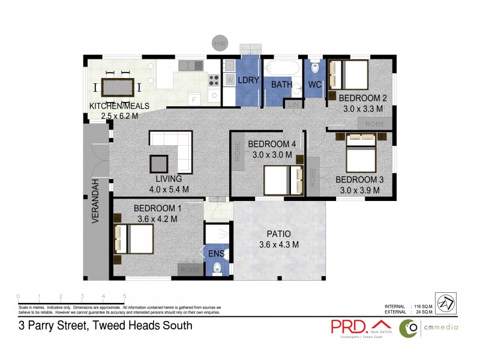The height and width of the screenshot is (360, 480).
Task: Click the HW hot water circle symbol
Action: coord(220,43)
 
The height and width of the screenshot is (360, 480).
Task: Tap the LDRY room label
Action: coord(247,80)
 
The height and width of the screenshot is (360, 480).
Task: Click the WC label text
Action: coord(315,85)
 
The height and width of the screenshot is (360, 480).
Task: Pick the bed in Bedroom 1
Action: coord(134,239)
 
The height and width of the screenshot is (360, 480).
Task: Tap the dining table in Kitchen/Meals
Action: coord(118,88)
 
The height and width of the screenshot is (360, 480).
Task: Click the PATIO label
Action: coord(278,234)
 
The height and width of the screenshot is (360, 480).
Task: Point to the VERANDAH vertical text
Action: coord(95,200)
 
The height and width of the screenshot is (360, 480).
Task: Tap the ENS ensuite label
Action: coord(217,254)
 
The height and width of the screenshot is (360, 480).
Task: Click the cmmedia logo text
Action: coord(440,327)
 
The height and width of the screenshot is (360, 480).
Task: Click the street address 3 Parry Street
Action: coord(104,326)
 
